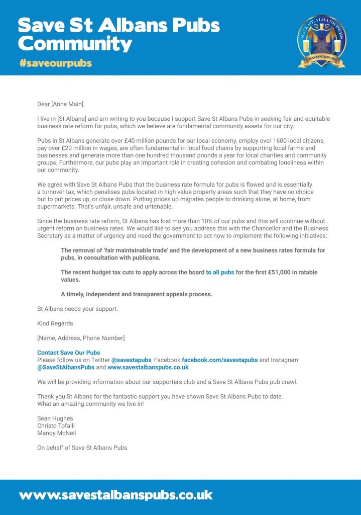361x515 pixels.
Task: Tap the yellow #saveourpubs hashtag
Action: [56, 64]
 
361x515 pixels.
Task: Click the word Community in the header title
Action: [75, 44]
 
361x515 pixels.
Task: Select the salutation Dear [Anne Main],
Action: [61, 104]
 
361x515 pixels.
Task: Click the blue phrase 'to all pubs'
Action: [220, 272]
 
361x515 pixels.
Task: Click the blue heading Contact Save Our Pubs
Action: [69, 353]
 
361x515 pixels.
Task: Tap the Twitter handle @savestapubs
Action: [131, 360]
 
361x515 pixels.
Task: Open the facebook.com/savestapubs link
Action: [219, 360]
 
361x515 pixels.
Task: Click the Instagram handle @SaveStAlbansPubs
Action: [66, 367]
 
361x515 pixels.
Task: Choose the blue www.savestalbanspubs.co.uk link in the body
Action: [148, 367]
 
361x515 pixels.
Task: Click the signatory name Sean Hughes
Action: [55, 418]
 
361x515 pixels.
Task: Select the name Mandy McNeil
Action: [57, 433]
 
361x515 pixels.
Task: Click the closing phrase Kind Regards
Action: [55, 323]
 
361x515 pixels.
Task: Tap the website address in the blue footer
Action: [115, 495]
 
